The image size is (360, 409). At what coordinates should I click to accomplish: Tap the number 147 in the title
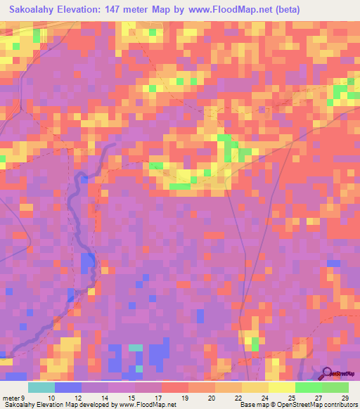coord(118,10)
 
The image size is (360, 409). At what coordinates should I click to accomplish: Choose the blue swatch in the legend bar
coord(67,387)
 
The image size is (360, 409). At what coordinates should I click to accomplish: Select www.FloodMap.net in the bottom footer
coord(147,405)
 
